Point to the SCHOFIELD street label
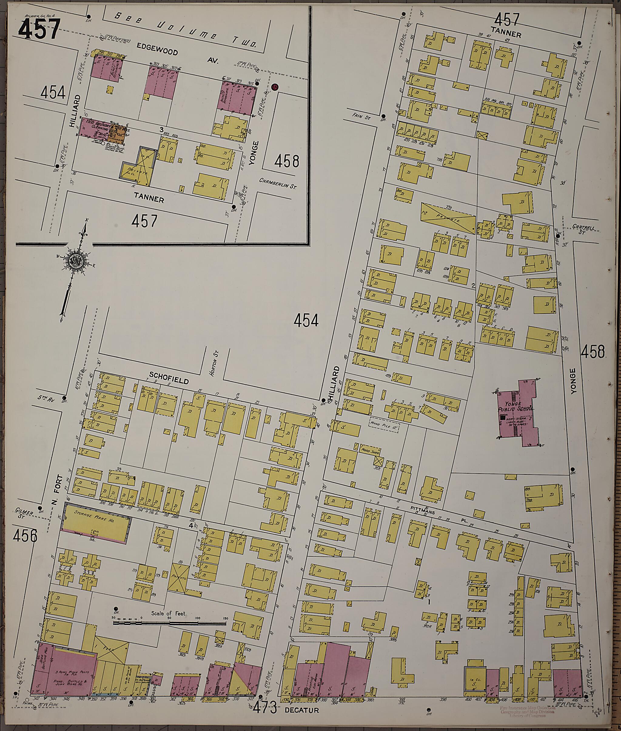[169, 378]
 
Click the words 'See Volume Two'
[190, 30]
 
